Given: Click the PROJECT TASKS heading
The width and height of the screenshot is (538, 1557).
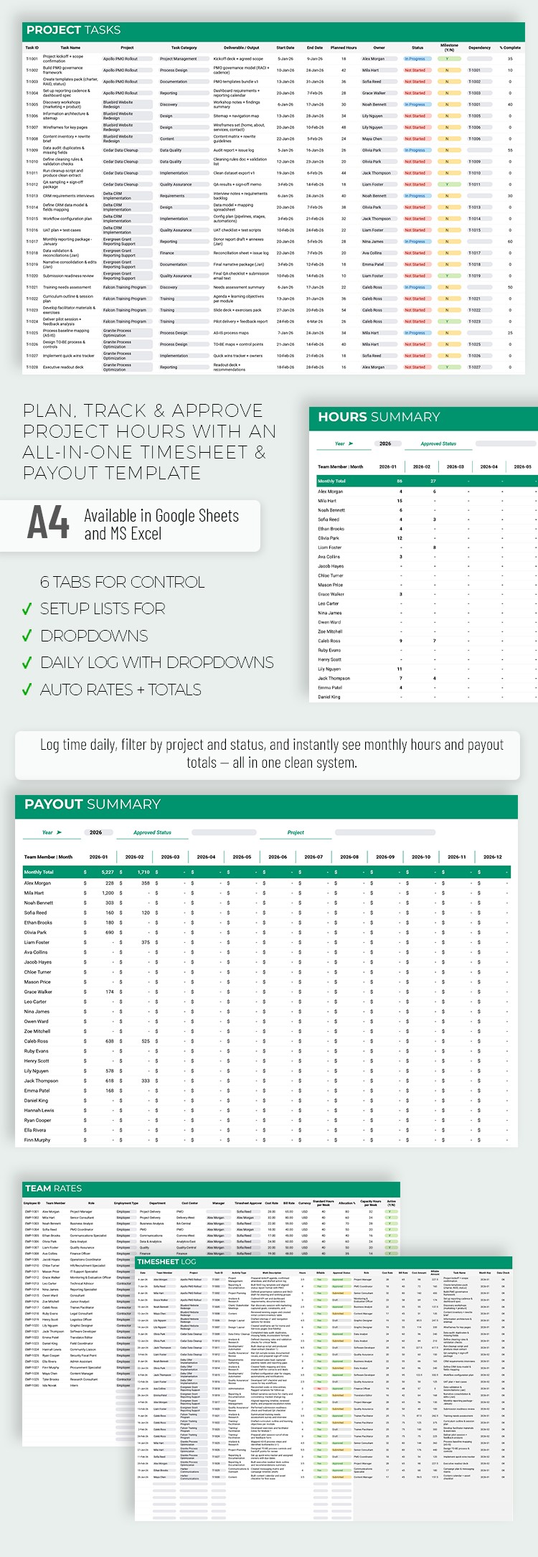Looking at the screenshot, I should [x=73, y=30].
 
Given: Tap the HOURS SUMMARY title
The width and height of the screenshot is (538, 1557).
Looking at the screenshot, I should [x=379, y=417].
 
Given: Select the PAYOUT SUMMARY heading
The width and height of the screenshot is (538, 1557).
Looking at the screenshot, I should [x=93, y=804].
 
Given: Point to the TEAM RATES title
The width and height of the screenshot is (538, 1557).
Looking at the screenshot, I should [x=53, y=1188].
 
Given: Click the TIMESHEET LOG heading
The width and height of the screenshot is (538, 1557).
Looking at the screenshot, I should [x=166, y=1261].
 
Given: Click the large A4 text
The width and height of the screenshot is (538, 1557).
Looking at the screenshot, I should [x=48, y=522].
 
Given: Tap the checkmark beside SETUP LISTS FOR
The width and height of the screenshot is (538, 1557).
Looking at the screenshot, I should [x=27, y=609].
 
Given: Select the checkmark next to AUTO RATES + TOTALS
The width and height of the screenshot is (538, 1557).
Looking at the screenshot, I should [x=27, y=690].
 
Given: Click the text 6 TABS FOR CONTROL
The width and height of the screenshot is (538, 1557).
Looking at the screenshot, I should [x=122, y=582].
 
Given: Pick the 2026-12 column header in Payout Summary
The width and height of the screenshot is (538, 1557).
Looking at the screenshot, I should [x=492, y=857].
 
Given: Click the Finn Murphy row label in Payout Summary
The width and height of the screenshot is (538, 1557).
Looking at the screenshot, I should [x=37, y=1139].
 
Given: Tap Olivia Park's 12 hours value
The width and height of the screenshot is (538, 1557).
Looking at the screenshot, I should [x=400, y=537].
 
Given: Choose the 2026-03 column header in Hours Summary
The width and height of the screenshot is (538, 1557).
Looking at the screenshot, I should [x=456, y=466].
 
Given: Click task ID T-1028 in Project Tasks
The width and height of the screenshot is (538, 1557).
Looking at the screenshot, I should [x=32, y=367].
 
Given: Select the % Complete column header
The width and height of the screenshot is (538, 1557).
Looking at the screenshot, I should [x=510, y=48].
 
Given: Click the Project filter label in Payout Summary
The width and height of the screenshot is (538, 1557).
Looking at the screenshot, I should [x=296, y=832].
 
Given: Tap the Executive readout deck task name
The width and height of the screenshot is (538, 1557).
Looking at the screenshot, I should [x=63, y=367].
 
